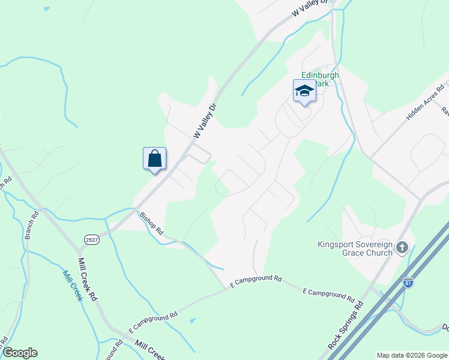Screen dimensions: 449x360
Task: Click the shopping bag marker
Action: click(155, 159)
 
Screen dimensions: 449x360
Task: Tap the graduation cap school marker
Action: click(304, 91)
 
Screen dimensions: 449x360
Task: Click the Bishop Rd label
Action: click(151, 221)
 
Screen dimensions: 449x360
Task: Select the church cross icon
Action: click(402, 247)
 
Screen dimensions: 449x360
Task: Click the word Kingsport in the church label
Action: click(336, 244)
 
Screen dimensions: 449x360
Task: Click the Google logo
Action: click(20, 353)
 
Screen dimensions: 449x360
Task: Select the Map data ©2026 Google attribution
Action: click(412, 355)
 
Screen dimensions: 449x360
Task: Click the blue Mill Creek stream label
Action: click(73, 285)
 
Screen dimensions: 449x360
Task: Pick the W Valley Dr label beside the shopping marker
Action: click(204, 121)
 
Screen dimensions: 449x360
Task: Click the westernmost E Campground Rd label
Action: click(153, 323)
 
